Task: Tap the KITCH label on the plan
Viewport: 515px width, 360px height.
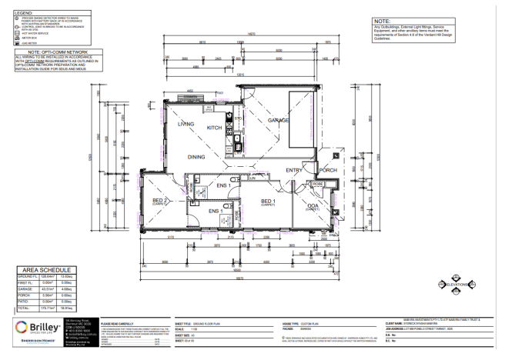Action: tap(215, 127)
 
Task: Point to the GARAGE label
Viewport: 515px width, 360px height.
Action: tap(277, 121)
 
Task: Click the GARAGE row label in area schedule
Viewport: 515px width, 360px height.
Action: tap(18, 289)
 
